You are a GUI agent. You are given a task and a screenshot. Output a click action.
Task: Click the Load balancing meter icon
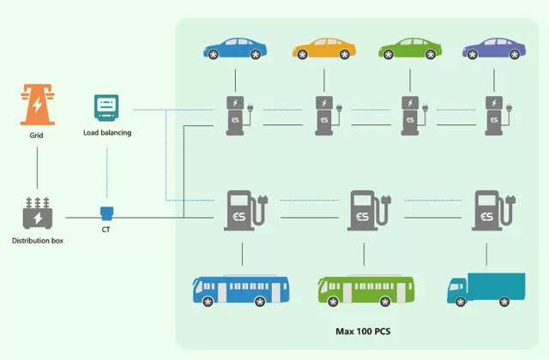106,108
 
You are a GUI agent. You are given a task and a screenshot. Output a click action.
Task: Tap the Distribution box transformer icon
37,213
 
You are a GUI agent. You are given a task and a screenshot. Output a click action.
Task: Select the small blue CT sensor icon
106,212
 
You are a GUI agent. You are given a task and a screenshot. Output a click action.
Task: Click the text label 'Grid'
36,135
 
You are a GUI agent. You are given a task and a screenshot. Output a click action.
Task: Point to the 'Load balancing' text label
107,133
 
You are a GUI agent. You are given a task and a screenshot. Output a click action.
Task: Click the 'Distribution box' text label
38,240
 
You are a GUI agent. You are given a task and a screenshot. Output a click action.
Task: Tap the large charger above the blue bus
242,211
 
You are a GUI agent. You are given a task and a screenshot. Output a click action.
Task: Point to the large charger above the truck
489,211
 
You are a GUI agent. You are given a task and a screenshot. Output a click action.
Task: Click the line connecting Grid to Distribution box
37,168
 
